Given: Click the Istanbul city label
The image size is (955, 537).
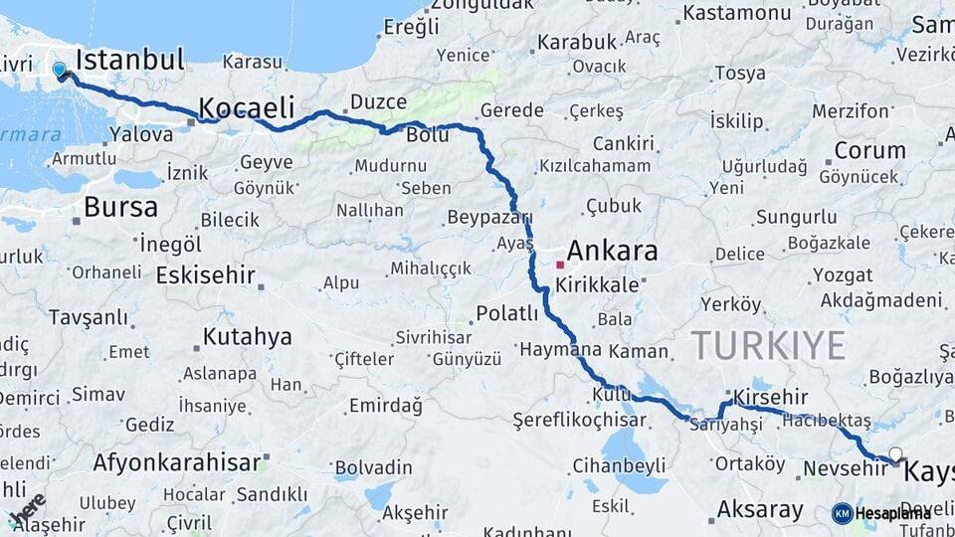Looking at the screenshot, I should (x=130, y=60).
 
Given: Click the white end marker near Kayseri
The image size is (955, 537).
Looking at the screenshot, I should (x=895, y=454).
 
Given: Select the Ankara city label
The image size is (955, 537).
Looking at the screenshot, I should (x=612, y=251).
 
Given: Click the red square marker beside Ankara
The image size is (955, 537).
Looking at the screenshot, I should (x=560, y=266).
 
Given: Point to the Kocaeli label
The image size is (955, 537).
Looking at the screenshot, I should (x=247, y=107).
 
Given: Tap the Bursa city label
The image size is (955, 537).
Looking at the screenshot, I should (x=120, y=207).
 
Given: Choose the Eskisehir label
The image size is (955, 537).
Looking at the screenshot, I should (x=205, y=274).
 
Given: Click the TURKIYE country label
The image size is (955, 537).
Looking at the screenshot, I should (x=768, y=345).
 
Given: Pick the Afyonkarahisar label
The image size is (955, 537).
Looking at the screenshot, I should (x=177, y=461).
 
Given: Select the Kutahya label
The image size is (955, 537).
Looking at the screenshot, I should (x=247, y=337).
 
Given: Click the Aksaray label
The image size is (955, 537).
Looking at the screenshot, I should (x=760, y=510).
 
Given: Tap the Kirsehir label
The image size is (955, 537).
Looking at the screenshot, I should (x=772, y=397).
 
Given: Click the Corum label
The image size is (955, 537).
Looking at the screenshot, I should (x=869, y=151).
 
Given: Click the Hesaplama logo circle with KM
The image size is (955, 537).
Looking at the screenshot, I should (x=842, y=513).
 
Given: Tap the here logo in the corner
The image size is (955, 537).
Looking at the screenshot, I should (x=28, y=510).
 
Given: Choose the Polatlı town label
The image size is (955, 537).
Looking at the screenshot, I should (x=506, y=314).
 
